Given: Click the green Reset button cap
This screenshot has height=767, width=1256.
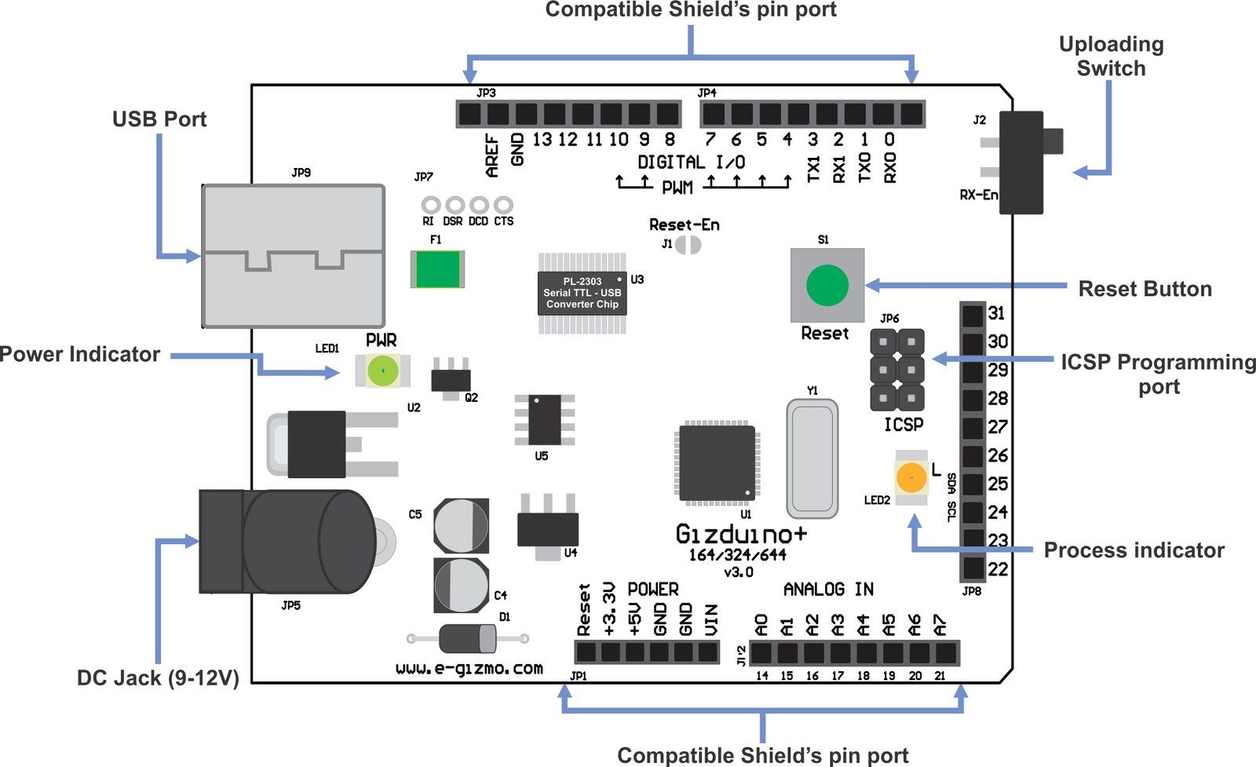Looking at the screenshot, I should point(827,285).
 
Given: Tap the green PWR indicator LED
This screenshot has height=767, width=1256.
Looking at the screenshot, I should point(382,371).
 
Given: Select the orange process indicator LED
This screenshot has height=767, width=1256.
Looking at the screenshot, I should point(911,477).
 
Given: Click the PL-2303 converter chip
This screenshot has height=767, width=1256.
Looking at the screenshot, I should point(582,293).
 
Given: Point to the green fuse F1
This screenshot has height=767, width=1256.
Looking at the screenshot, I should point(437,269).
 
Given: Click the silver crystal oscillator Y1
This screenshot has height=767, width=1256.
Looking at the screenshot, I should point(812,458).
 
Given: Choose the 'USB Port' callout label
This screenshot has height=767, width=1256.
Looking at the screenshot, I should point(159,119).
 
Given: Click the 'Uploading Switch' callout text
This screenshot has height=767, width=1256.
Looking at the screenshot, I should point(1111,57).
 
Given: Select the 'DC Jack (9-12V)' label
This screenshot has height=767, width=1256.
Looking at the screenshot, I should point(158,678).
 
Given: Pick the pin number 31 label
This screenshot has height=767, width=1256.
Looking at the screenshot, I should point(997,313).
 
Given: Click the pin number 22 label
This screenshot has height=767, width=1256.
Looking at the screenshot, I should point(998,569).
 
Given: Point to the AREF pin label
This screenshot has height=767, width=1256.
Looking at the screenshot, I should point(492,155).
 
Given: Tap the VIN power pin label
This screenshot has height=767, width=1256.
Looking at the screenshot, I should point(711,619).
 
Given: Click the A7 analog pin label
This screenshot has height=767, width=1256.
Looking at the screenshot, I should point(940,625).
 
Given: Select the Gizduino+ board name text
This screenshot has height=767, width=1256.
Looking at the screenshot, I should point(740,535).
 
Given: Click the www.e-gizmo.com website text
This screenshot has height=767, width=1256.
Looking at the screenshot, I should point(469,668).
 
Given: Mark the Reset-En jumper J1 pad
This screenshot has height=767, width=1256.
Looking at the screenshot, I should point(688,244).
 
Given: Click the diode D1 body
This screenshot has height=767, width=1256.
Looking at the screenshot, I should point(467,638).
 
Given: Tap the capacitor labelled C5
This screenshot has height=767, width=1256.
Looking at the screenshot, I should point(461,525).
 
